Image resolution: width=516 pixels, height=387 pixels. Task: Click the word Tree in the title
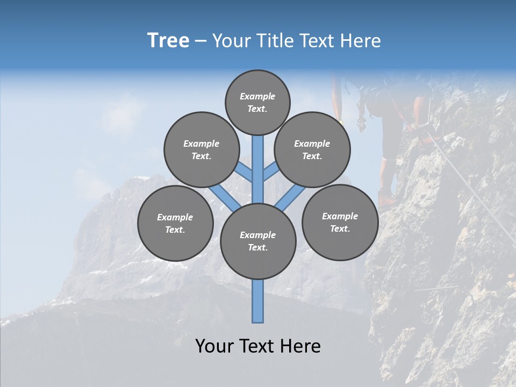click(x=168, y=41)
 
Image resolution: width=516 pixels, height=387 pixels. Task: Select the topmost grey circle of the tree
click(x=257, y=102)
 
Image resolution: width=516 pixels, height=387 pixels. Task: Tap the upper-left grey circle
click(x=202, y=149)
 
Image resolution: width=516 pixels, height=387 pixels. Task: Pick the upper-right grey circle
click(x=312, y=149)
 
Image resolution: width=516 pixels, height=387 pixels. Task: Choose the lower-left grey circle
click(x=175, y=223)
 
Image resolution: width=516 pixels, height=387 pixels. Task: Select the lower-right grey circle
click(x=340, y=222)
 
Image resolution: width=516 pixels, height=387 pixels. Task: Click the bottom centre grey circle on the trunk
click(x=258, y=241)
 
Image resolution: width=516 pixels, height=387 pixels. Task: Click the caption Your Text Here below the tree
click(x=257, y=346)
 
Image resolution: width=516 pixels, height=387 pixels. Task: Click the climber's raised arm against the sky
click(x=337, y=99)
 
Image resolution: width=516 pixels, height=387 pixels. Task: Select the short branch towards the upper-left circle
click(x=245, y=173)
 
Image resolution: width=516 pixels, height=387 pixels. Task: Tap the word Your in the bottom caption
click(x=214, y=346)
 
